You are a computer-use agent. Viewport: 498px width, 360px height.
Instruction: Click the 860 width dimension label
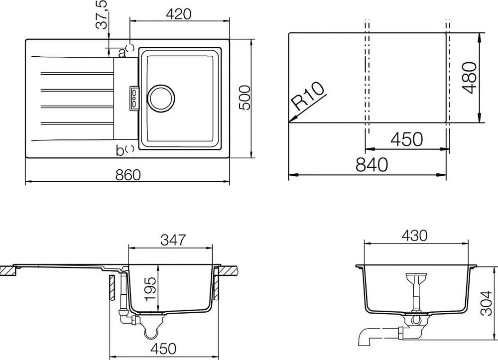(127, 175)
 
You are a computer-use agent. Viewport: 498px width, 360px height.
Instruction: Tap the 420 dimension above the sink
(179, 14)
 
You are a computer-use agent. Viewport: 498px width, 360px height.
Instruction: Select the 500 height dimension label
(245, 98)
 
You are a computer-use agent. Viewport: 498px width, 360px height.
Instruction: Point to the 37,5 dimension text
(102, 15)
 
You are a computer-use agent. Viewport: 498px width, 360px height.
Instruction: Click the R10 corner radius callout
(308, 96)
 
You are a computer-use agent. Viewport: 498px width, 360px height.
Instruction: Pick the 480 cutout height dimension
(470, 78)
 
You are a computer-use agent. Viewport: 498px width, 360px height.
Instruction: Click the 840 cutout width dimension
(372, 164)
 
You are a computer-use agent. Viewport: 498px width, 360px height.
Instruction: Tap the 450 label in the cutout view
(407, 139)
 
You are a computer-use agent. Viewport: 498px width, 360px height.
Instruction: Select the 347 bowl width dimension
(173, 240)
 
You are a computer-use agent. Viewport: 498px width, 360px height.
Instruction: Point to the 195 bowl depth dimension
(150, 289)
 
